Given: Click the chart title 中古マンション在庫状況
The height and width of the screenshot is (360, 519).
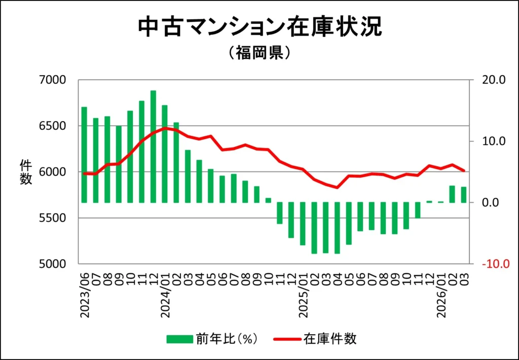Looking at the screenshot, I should point(259,27).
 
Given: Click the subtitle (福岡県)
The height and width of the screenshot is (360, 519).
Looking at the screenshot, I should point(259,53).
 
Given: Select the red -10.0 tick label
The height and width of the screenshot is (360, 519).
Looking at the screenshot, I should point(492,264).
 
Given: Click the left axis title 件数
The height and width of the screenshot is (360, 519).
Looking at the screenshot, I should point(26,172).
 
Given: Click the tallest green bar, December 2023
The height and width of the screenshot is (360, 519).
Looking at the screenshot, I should point(153,147).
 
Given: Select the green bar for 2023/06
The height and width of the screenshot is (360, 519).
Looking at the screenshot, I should point(84,155).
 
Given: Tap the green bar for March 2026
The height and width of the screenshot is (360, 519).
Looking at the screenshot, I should point(463,195).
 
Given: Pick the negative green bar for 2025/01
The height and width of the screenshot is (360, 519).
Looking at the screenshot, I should point(303,224).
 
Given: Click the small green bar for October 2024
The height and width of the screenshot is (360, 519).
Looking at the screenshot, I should point(268,200).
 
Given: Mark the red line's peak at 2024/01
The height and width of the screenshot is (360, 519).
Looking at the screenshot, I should point(165,128).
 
